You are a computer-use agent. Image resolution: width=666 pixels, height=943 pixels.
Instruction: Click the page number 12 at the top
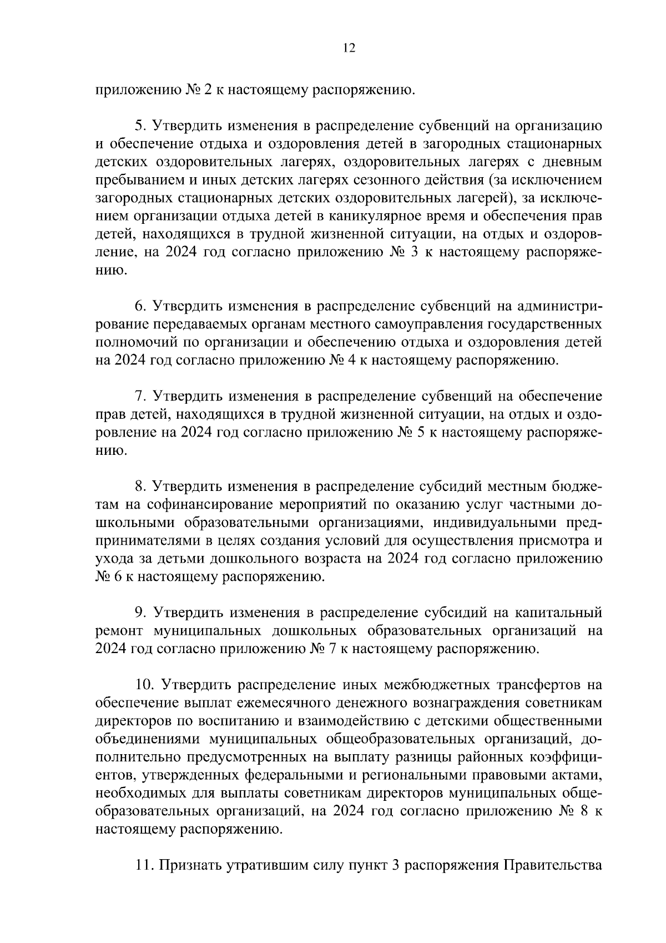pyautogui.click(x=349, y=48)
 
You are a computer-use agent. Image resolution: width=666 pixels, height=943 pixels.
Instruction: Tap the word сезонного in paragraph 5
pyautogui.click(x=389, y=180)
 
